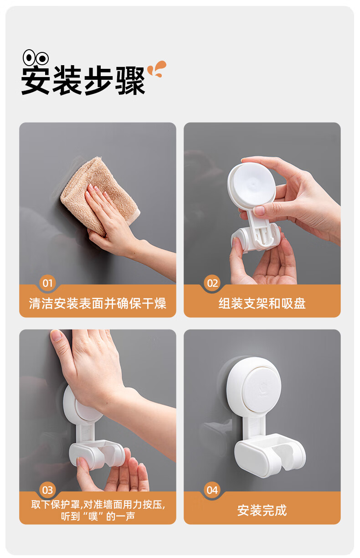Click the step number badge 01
coord(47,283)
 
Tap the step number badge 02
coord(212,283)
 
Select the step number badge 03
coord(47,490)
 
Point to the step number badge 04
coord(212,490)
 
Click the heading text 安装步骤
coord(83,80)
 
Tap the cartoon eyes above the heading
coord(36,57)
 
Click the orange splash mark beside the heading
coord(157,69)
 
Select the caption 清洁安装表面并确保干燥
coord(98,304)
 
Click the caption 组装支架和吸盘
coord(262,304)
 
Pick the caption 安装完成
coord(262,511)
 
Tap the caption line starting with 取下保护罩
coord(98,505)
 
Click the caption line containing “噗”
coord(98,517)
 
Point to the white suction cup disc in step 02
coord(252,184)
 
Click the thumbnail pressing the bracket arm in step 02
coord(259,211)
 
